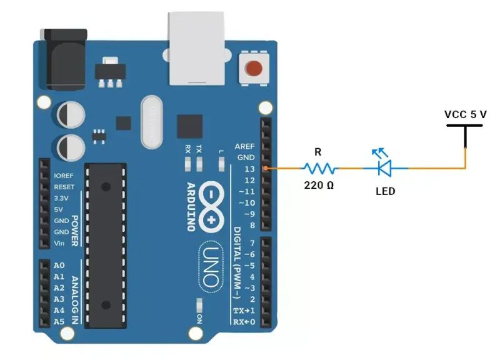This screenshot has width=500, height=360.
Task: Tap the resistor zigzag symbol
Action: point(319,168)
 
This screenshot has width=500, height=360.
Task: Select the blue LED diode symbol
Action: point(383,167)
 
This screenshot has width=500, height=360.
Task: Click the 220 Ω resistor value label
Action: point(319,186)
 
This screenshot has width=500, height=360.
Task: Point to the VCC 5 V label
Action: point(465,114)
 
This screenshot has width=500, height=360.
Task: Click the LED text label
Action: point(385,191)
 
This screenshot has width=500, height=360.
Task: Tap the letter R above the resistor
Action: point(317,152)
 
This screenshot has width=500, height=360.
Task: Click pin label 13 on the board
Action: point(249,169)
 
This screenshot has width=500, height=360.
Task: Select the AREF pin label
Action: point(244,146)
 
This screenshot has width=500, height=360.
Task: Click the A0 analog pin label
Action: point(59,265)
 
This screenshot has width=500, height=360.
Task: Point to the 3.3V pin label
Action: point(61,198)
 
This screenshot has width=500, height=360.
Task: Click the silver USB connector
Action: point(196,48)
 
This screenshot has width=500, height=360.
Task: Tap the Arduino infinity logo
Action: point(211,207)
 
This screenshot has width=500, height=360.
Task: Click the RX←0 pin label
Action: point(246,322)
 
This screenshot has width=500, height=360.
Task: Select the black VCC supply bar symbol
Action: point(465,125)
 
